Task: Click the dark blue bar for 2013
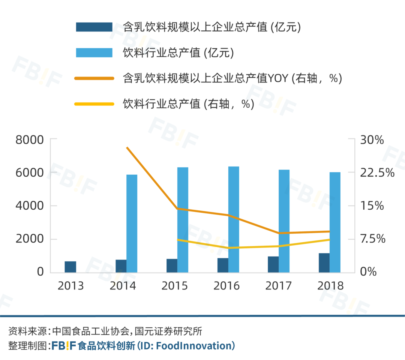click(x=70, y=267)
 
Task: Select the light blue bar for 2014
click(x=132, y=223)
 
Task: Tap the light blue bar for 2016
click(x=234, y=219)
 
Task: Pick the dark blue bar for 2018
click(x=324, y=262)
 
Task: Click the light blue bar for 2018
click(x=335, y=222)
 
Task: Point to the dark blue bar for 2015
click(x=172, y=265)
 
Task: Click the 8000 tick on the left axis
click(x=30, y=140)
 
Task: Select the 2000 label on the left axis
click(x=30, y=239)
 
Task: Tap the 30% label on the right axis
click(x=372, y=140)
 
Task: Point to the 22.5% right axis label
click(x=377, y=173)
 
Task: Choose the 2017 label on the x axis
click(x=279, y=286)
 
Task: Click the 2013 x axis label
click(x=70, y=286)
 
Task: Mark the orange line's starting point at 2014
click(x=127, y=148)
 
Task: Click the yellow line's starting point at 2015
click(x=178, y=240)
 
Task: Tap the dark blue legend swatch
click(x=94, y=27)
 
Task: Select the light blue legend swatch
click(x=94, y=52)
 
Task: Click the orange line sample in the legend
click(x=94, y=78)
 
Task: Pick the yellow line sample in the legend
click(x=94, y=104)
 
